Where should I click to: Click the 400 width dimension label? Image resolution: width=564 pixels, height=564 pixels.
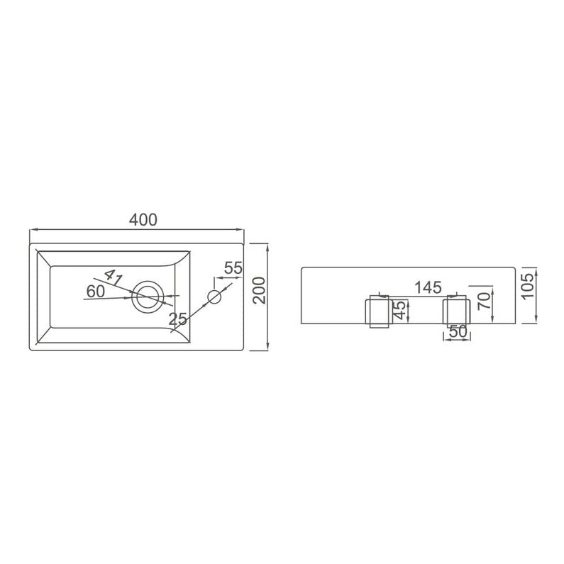click(x=143, y=220)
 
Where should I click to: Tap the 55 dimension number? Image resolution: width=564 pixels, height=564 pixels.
click(x=233, y=268)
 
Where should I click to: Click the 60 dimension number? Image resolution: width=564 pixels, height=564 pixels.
click(x=96, y=291)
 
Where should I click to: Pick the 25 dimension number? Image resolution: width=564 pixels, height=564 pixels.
click(x=178, y=320)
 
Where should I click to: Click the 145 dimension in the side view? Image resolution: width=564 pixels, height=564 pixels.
click(x=428, y=287)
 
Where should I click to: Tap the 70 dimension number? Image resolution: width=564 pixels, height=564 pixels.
click(x=485, y=300)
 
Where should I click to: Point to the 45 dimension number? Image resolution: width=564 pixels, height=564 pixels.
click(x=401, y=311)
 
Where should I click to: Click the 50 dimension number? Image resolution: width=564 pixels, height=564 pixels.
click(x=457, y=332)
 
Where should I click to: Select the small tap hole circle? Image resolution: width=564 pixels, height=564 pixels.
click(x=214, y=295)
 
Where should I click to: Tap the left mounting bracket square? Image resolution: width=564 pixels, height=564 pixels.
click(x=377, y=312)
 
